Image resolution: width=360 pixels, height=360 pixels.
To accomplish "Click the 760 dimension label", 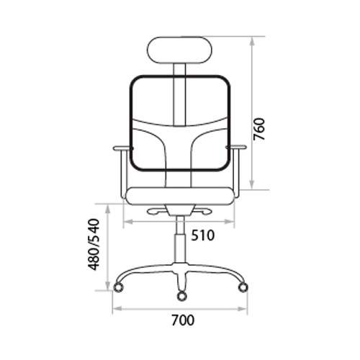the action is (259, 129).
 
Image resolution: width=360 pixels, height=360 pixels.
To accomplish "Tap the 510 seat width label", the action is (202, 235).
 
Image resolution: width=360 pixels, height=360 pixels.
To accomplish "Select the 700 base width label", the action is (183, 320).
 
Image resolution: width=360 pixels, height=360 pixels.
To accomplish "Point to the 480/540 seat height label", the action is (94, 244).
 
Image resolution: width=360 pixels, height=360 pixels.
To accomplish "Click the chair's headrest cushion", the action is (180, 50).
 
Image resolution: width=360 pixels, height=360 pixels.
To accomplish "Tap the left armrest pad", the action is (122, 148).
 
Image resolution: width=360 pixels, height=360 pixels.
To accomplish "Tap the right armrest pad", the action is (236, 148).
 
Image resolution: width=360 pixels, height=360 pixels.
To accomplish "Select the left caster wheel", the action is (118, 287).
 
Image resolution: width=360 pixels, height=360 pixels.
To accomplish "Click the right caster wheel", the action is (243, 287).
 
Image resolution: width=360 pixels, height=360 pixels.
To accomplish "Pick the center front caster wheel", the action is (181, 296).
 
